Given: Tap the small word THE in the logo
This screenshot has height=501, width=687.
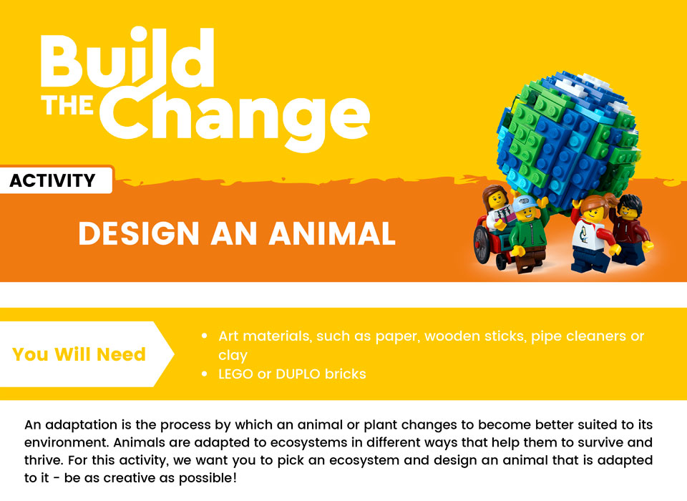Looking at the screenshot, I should click(x=67, y=105).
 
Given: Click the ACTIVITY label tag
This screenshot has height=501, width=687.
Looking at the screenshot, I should click(x=53, y=181).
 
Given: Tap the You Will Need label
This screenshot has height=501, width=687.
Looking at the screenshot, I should click(x=79, y=354).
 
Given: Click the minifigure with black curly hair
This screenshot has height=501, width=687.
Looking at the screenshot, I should click(x=632, y=225).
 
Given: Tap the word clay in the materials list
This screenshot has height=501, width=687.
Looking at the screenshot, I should click(x=233, y=355).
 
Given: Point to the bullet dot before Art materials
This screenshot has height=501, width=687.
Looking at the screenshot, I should click(x=205, y=336).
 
